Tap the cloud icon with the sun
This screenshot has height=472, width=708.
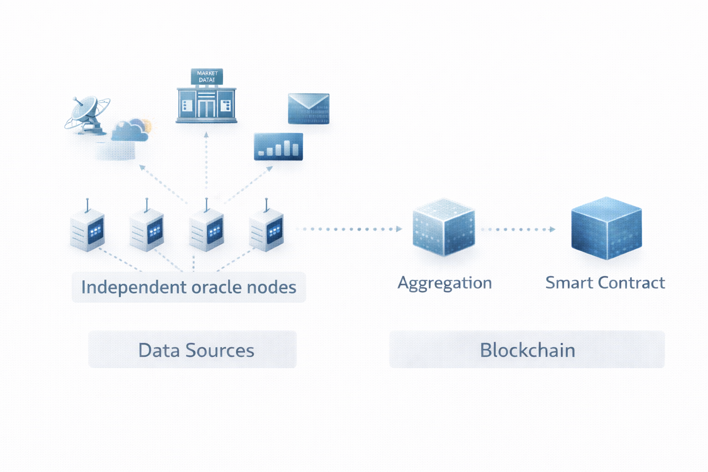click(x=131, y=130)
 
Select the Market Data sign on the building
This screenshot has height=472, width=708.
click(x=207, y=77)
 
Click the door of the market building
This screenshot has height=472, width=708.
click(x=206, y=108)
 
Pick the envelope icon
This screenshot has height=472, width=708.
click(x=308, y=109)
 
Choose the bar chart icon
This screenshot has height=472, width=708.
click(x=278, y=147)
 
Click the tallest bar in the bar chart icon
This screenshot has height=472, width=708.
click(x=287, y=147)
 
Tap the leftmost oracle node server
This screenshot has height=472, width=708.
click(x=87, y=230)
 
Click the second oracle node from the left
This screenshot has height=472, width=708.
click(x=147, y=230)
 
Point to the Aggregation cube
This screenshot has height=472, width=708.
click(x=443, y=227)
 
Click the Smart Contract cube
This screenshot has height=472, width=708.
click(x=606, y=228)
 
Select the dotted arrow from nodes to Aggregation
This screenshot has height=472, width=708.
click(x=349, y=229)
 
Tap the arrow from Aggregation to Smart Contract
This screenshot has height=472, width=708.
click(x=518, y=230)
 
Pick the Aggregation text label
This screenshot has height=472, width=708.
click(x=445, y=283)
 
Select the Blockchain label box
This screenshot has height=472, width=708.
click(x=527, y=350)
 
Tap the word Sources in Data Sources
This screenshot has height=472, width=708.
click(x=219, y=351)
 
